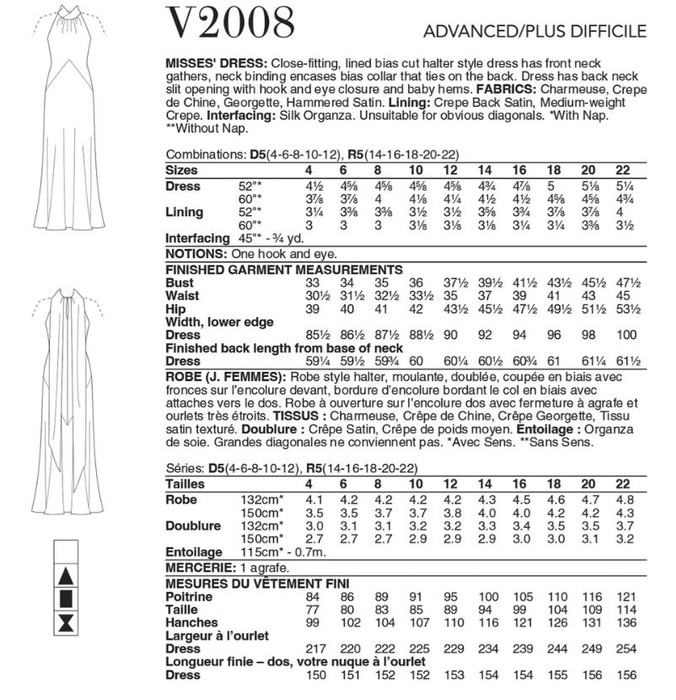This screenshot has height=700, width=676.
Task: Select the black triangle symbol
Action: [x=65, y=579]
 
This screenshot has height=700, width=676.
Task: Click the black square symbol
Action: [x=65, y=602]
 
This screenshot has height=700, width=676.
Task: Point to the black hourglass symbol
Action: [x=65, y=625]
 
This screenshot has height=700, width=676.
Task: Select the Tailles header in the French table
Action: [x=187, y=484]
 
